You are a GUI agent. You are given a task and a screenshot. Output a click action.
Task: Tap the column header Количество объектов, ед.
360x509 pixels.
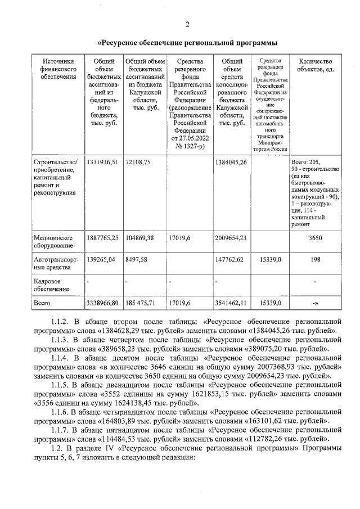point(315,65)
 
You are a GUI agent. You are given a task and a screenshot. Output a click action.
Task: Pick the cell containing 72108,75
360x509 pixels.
point(138,163)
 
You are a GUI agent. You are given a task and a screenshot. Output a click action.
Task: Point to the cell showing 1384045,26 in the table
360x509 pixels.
point(231,163)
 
